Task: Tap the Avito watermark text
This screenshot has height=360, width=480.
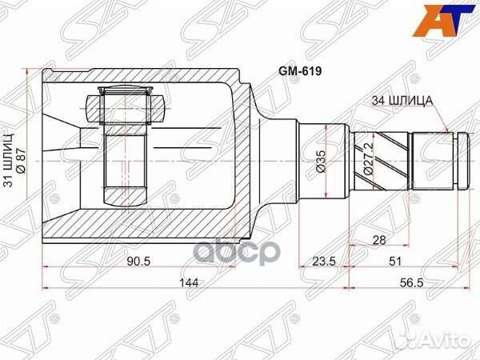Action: (x=444, y=336)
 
